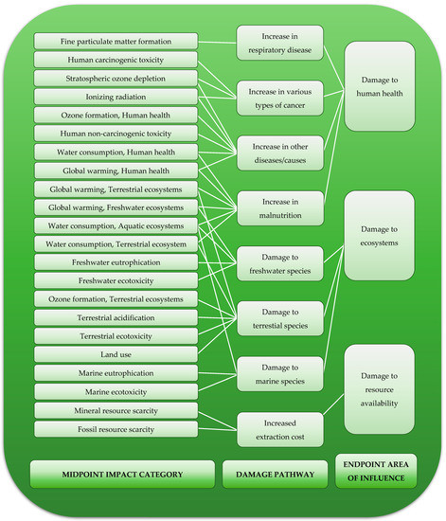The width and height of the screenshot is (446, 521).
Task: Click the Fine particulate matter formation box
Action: point(116,42)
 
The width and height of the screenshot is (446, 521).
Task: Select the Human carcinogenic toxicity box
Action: point(116,60)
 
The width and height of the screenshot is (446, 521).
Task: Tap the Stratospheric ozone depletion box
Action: point(116,78)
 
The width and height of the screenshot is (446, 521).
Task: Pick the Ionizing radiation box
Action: point(116,97)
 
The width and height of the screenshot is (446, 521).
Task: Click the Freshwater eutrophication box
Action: point(116,262)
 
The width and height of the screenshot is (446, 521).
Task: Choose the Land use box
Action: point(116,354)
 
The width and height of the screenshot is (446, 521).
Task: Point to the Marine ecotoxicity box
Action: point(116,391)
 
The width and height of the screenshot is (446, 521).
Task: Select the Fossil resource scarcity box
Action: point(116,429)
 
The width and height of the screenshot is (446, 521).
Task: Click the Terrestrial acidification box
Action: point(116,317)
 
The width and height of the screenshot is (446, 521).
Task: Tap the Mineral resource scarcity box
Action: point(116,411)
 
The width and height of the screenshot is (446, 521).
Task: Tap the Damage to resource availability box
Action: point(379,388)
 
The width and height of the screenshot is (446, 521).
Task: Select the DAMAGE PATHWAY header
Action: point(276,472)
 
